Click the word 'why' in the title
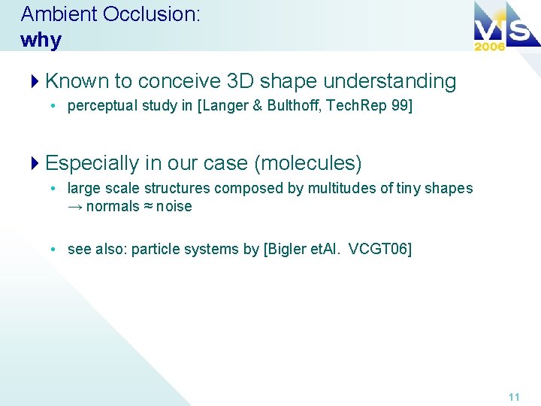coord(41,40)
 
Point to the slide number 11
coord(514,397)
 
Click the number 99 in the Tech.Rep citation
coord(402,106)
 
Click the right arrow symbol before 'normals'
coord(75,207)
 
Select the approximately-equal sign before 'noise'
coord(150,207)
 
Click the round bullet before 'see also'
coord(55,249)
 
